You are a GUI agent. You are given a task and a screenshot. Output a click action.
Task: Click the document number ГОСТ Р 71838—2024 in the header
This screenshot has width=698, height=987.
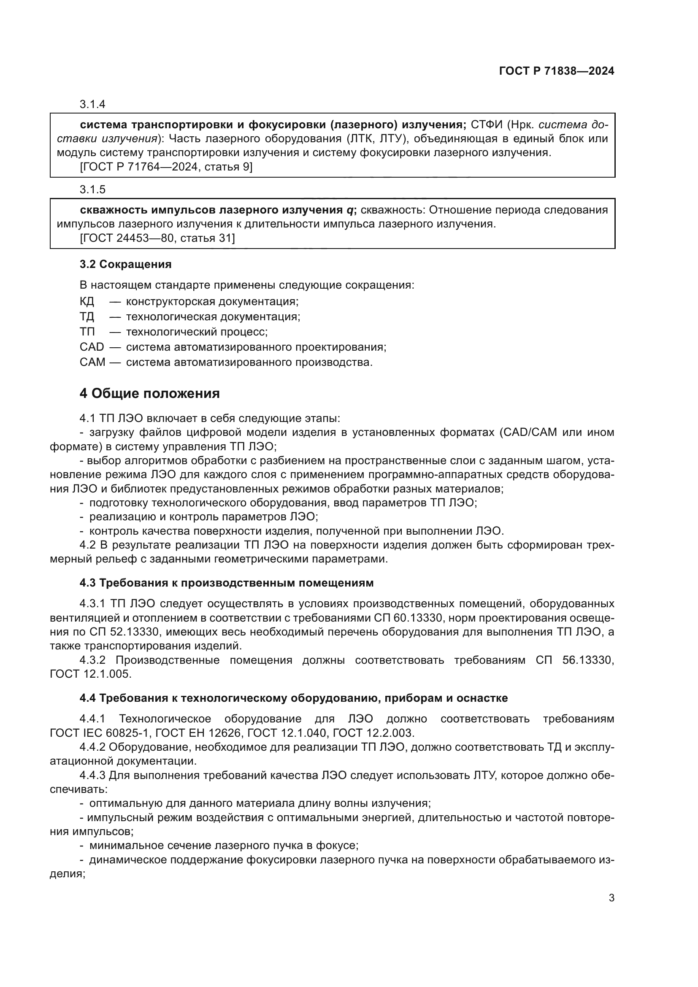[556, 71]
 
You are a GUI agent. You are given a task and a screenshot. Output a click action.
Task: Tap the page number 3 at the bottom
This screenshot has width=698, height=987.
[611, 898]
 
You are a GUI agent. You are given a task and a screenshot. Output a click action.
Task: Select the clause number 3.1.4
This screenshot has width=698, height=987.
[92, 105]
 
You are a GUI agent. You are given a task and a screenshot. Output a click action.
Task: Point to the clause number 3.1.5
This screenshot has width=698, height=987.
[92, 189]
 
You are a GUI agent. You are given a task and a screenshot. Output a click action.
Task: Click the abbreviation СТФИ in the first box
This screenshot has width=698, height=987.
[487, 125]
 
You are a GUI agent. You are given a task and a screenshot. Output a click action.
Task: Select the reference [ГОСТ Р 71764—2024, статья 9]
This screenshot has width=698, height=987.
[166, 167]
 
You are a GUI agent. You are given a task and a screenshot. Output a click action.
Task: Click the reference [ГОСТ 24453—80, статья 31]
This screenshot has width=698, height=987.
[157, 238]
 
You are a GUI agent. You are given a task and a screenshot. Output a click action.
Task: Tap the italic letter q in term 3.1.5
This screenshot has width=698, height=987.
[350, 210]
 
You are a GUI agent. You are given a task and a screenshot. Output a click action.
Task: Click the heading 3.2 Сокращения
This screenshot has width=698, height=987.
[125, 265]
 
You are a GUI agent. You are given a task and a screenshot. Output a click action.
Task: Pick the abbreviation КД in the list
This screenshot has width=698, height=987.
[87, 301]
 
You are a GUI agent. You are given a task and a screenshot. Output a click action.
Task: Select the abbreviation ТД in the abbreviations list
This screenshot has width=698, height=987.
[87, 317]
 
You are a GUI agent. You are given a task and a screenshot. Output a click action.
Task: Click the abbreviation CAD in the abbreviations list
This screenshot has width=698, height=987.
[92, 347]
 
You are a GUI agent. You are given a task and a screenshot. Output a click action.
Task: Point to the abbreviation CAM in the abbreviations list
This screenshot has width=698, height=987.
[92, 362]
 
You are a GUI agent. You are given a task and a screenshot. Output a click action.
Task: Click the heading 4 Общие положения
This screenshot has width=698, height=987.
[149, 393]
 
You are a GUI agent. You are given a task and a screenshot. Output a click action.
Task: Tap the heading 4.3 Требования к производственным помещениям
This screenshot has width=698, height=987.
[227, 583]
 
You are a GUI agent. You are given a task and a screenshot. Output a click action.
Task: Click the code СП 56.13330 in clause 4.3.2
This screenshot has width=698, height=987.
[575, 660]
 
